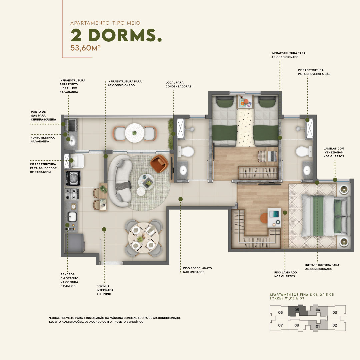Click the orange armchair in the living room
(x=159, y=163)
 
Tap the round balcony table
(x=135, y=133)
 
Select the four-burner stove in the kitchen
(x=72, y=194)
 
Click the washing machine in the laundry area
(x=73, y=178)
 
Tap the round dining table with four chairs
(x=143, y=238)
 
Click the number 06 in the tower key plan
(x=280, y=312)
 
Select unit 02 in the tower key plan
(x=335, y=325)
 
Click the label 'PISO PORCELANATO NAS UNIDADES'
(x=197, y=270)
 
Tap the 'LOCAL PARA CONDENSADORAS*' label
(x=179, y=84)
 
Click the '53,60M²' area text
(x=85, y=48)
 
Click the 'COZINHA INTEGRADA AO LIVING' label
(x=105, y=290)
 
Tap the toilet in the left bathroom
(x=186, y=152)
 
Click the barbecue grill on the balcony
(x=71, y=125)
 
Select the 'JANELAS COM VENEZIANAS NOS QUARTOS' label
(x=334, y=152)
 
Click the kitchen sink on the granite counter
(x=72, y=217)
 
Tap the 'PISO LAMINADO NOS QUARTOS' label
(x=285, y=274)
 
